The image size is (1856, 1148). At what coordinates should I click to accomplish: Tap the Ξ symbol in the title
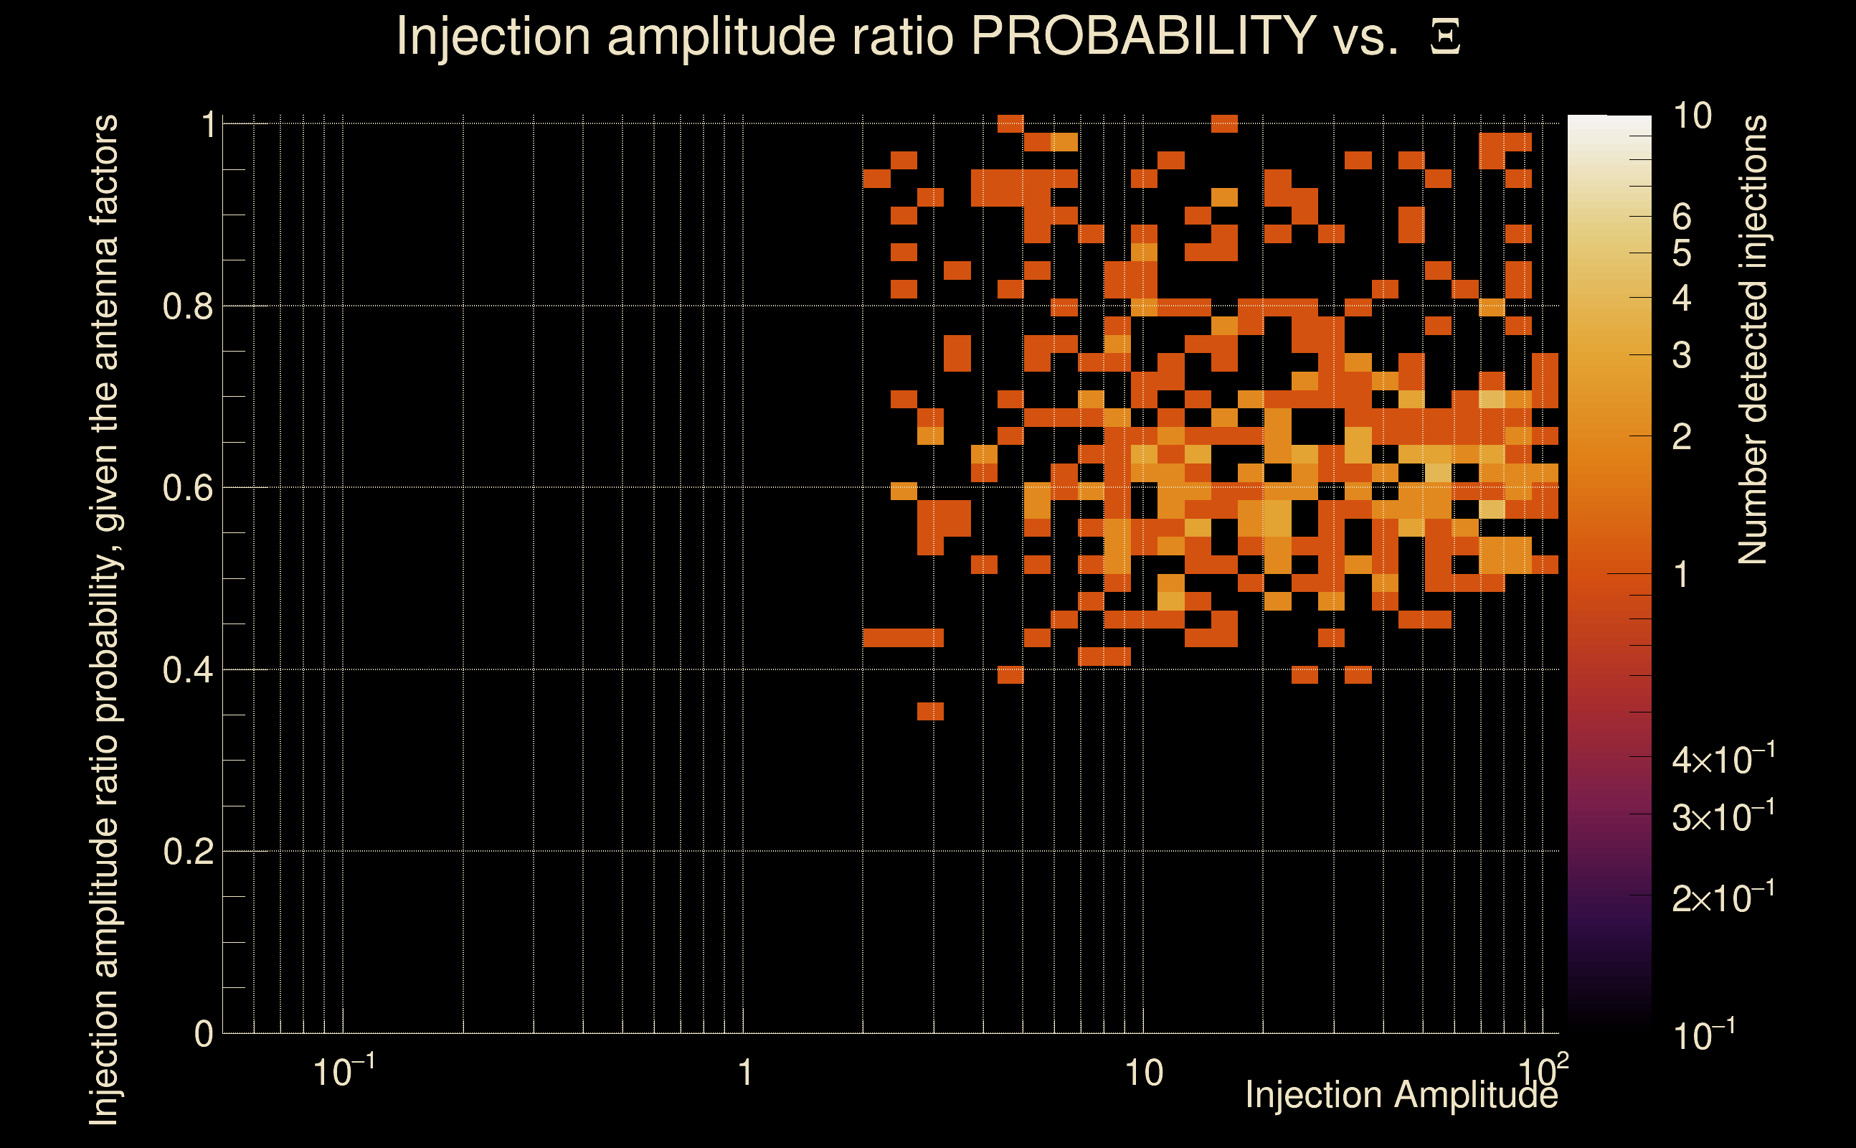click(1446, 37)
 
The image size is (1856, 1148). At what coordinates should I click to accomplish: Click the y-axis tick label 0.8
click(187, 307)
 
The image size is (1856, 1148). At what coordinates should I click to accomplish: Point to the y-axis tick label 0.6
click(187, 488)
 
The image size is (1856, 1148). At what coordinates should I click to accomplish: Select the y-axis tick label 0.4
click(187, 670)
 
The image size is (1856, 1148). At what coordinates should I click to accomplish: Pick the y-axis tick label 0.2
click(187, 852)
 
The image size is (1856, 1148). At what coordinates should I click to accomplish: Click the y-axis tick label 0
click(204, 1034)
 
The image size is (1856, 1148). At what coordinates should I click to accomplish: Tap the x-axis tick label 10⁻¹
click(343, 1072)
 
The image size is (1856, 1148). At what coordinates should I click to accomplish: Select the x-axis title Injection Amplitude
click(1401, 1095)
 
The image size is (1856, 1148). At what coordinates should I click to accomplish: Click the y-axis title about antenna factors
click(104, 618)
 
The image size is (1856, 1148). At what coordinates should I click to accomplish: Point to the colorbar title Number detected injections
click(1753, 339)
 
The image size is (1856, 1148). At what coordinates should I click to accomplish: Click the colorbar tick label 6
click(1682, 217)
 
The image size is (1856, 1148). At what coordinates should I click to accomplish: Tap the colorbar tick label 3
click(1682, 355)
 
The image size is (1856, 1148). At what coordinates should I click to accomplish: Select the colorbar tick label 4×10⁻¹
click(1723, 759)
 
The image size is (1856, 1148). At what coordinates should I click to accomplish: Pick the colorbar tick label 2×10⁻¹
click(1723, 898)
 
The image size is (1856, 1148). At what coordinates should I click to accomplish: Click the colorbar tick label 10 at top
click(1692, 116)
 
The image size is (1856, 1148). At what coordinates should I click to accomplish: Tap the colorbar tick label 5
click(1682, 253)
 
